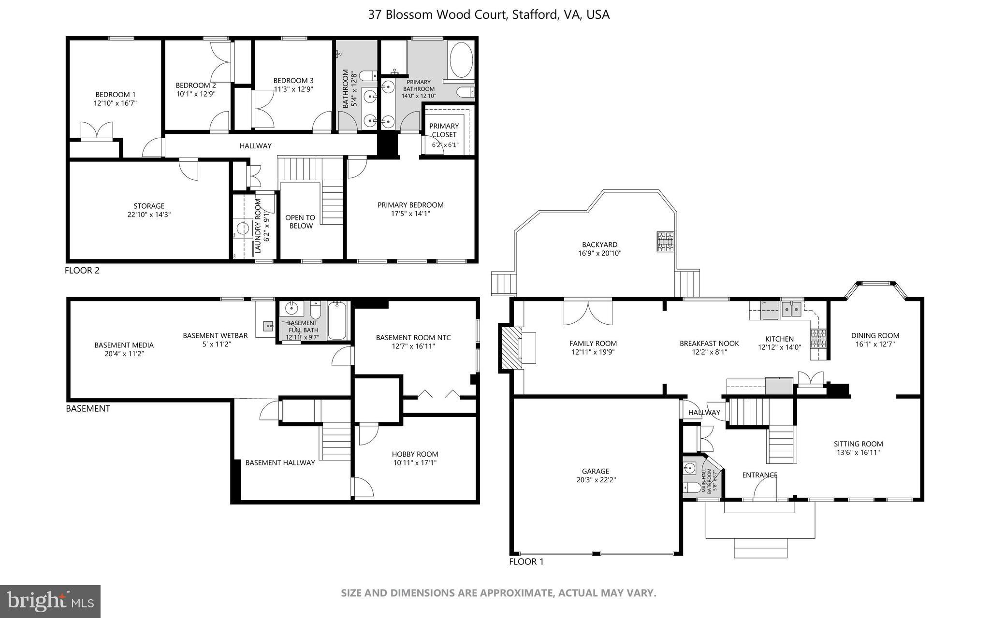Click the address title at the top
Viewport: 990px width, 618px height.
pos(489,14)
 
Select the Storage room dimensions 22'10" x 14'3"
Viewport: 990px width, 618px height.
pos(149,215)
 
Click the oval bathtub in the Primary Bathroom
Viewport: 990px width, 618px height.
pos(461,60)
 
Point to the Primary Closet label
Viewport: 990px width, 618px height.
pos(444,130)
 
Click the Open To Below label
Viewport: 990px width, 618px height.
pos(300,222)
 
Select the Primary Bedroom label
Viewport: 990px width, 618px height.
pos(410,205)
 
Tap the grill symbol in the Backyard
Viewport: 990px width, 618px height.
pos(665,242)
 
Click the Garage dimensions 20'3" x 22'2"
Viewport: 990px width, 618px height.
pos(595,480)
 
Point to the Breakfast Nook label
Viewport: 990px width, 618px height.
pos(709,344)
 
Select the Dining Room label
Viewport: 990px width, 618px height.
pos(875,335)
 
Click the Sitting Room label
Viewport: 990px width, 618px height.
pos(858,444)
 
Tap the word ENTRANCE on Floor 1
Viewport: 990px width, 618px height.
pos(759,475)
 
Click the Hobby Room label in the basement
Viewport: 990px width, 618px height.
pos(415,454)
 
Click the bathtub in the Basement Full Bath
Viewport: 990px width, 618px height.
pos(337,321)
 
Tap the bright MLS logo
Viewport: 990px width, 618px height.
pos(50,601)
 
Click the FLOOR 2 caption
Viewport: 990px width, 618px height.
pos(82,271)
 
